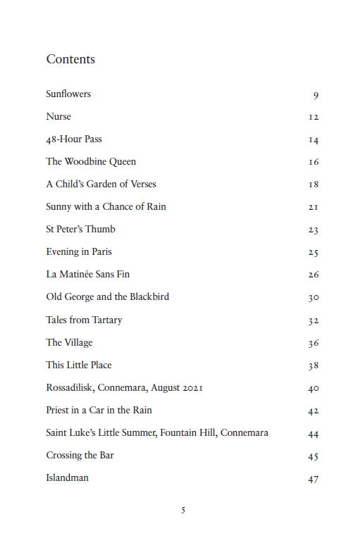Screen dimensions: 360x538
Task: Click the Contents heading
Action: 70,59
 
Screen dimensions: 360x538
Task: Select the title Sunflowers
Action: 68,94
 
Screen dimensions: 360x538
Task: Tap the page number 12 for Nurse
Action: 314,117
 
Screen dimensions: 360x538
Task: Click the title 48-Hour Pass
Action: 74,139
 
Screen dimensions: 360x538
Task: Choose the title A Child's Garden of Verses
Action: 101,184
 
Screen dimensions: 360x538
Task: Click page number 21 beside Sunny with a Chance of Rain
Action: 314,207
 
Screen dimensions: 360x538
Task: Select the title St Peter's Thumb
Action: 80,230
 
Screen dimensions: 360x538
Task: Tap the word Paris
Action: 101,252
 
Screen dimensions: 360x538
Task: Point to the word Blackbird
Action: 149,297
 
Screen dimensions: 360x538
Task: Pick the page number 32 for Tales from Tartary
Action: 314,320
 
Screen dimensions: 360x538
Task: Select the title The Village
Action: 69,343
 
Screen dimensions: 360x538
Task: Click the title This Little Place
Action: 79,365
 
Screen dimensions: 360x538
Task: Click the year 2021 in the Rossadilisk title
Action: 191,388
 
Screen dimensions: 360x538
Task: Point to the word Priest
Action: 58,411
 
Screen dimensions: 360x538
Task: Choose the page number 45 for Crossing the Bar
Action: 314,456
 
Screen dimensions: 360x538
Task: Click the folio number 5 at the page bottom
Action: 183,510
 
